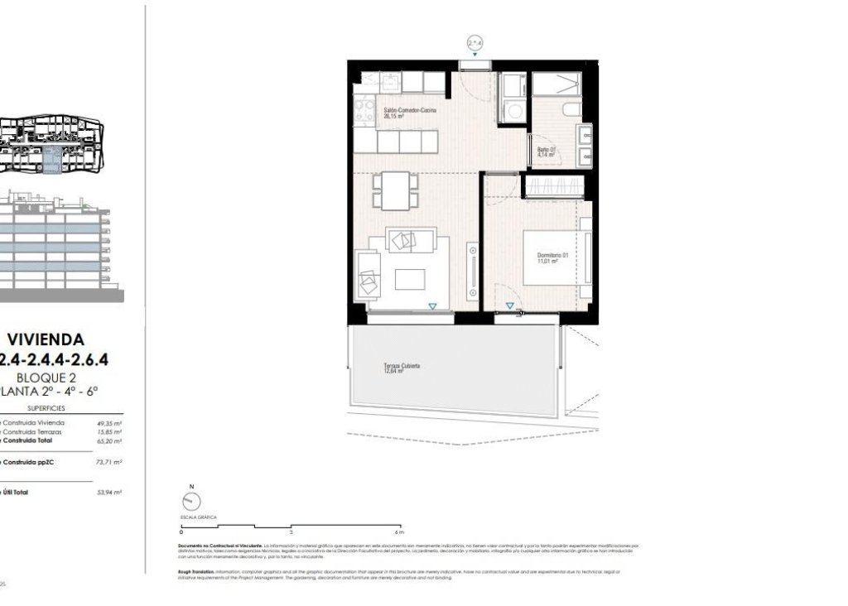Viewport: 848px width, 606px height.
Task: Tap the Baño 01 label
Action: click(547, 152)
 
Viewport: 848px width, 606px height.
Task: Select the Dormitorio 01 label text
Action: click(552, 257)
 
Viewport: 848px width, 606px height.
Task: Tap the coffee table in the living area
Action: click(410, 279)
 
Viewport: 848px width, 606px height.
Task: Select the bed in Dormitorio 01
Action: click(556, 257)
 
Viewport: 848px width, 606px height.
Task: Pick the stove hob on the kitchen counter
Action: click(364, 110)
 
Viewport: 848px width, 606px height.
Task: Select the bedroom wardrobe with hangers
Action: click(555, 185)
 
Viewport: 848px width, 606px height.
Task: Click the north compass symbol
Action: click(191, 501)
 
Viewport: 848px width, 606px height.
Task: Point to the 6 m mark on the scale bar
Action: click(398, 532)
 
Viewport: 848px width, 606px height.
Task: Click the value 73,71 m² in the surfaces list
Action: click(109, 462)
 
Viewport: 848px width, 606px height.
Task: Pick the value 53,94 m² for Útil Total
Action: click(109, 492)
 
